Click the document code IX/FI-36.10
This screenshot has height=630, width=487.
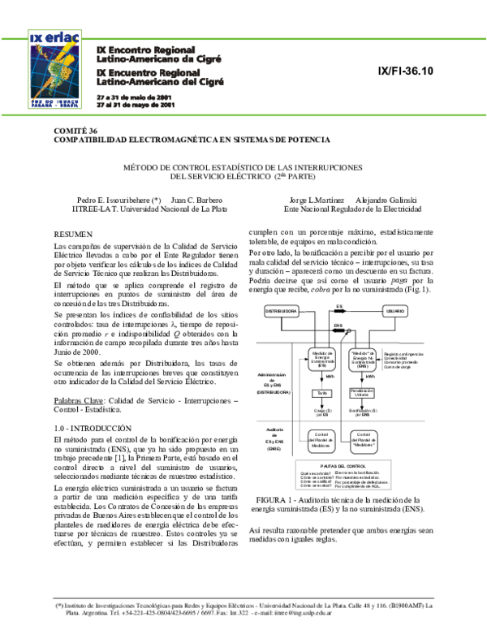coord(407,72)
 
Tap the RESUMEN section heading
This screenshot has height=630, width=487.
coord(72,233)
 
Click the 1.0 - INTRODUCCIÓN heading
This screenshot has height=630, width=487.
coord(92,427)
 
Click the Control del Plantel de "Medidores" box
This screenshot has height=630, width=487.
coord(362,439)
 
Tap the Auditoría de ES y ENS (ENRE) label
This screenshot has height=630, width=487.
coord(274,439)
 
